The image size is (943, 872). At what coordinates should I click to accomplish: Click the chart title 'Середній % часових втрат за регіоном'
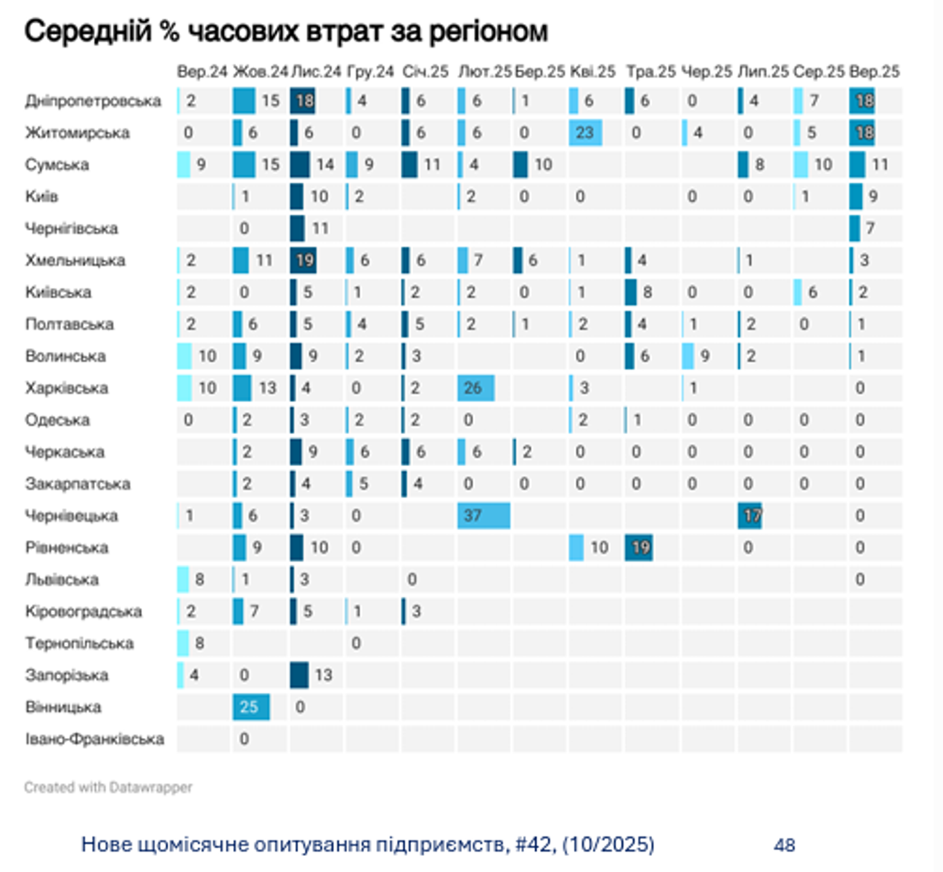click(x=286, y=31)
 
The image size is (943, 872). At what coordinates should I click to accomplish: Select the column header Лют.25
click(x=484, y=72)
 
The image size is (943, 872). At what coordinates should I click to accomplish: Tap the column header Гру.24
click(x=370, y=72)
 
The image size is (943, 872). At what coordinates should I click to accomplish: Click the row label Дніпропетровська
click(x=93, y=101)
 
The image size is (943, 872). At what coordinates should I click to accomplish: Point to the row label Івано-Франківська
click(x=94, y=739)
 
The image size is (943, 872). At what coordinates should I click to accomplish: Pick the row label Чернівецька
click(x=71, y=516)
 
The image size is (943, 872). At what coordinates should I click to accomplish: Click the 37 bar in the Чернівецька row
click(x=483, y=516)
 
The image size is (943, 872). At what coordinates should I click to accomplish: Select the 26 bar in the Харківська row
click(x=475, y=388)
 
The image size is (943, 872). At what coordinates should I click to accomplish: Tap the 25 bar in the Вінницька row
click(x=251, y=707)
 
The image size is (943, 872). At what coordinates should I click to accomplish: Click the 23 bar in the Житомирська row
click(x=585, y=133)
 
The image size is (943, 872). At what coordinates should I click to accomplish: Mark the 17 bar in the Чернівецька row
click(x=749, y=516)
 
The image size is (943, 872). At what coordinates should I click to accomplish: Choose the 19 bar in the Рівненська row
click(x=639, y=548)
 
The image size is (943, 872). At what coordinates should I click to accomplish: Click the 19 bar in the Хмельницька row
click(x=303, y=260)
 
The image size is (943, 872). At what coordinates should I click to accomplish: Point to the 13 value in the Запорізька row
click(x=323, y=675)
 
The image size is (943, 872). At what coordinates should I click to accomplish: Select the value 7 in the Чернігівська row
click(x=870, y=228)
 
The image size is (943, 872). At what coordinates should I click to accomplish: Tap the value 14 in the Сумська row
click(x=325, y=165)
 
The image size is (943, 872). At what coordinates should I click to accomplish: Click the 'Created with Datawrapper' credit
click(x=108, y=788)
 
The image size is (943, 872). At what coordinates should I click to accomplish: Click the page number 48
click(x=784, y=845)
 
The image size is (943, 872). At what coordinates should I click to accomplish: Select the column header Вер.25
click(x=874, y=72)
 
